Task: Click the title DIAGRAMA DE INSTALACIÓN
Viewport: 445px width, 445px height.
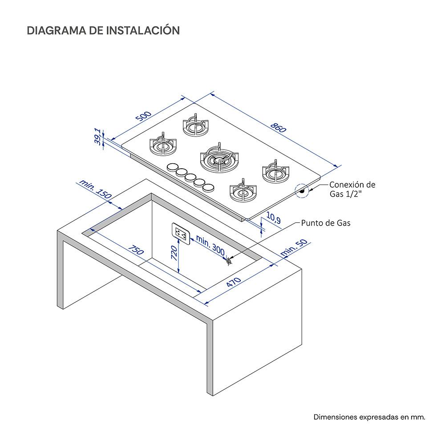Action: click(103, 30)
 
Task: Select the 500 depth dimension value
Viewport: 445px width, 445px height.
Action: click(144, 117)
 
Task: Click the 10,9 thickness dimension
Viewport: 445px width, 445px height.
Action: click(273, 218)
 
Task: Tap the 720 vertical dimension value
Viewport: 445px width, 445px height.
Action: click(174, 254)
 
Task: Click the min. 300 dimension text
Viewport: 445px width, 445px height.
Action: click(210, 246)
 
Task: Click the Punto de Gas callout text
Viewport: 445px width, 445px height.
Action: click(325, 223)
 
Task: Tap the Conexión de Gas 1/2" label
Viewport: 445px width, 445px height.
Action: click(352, 189)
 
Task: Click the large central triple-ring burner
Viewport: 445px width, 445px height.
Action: click(219, 158)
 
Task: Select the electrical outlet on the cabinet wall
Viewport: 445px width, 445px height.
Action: click(181, 232)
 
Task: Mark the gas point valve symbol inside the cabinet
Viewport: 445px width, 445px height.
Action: click(229, 261)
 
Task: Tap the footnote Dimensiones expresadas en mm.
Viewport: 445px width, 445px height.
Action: click(369, 417)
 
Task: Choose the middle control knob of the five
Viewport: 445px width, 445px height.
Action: click(190, 177)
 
